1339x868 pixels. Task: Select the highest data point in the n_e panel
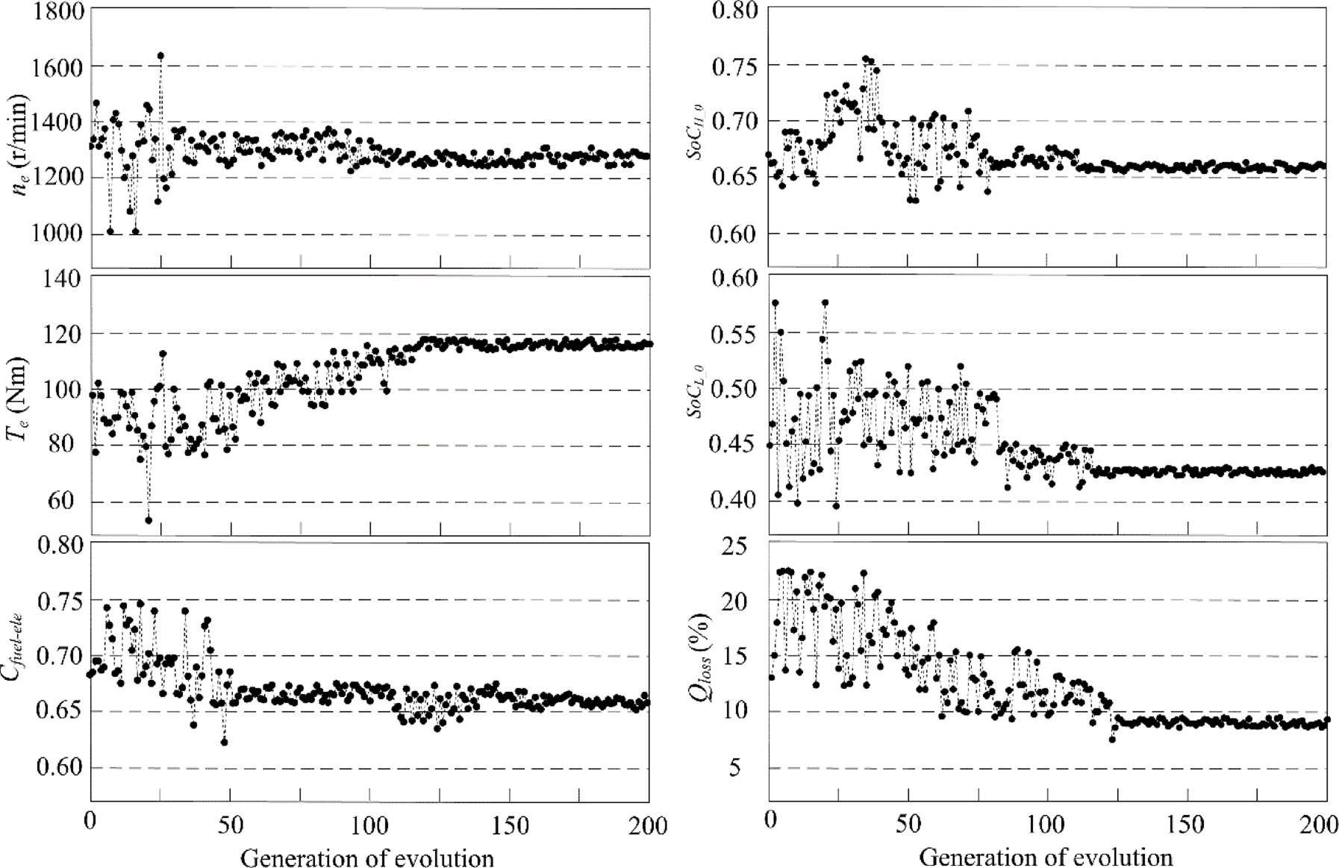point(160,56)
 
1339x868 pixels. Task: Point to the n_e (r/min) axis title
point(22,145)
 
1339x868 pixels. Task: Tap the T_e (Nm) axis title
point(19,399)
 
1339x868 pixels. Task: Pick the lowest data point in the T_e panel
point(149,520)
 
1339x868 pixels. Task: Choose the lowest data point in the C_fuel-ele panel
point(224,742)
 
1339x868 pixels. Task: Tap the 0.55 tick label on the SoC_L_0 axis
point(735,334)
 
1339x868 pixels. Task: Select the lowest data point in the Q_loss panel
point(1112,739)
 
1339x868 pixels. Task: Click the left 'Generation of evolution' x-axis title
point(366,858)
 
